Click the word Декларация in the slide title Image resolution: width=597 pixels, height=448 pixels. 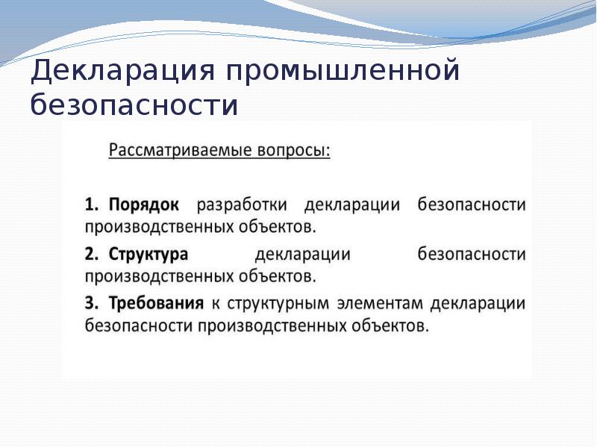click(x=122, y=70)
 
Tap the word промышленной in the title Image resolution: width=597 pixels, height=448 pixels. click(x=343, y=70)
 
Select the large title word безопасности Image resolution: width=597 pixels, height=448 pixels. click(x=134, y=105)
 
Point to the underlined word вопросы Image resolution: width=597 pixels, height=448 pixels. click(x=294, y=150)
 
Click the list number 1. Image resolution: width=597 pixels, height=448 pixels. click(x=91, y=205)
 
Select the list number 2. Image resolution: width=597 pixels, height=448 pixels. click(x=91, y=254)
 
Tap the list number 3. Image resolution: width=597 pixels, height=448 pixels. click(x=91, y=304)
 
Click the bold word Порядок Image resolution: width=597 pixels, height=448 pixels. click(x=143, y=205)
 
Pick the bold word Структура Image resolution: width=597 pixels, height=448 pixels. click(x=148, y=255)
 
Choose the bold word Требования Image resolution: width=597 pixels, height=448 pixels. click(x=156, y=304)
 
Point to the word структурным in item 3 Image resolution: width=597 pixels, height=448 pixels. click(x=278, y=305)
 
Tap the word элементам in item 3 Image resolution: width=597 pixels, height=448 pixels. click(x=380, y=304)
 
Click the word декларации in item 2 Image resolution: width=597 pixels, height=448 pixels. click(x=303, y=255)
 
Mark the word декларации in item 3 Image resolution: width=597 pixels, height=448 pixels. click(x=478, y=305)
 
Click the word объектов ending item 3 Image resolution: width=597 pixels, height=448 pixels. click(x=390, y=326)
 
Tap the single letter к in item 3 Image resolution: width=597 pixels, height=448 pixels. click(x=216, y=305)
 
